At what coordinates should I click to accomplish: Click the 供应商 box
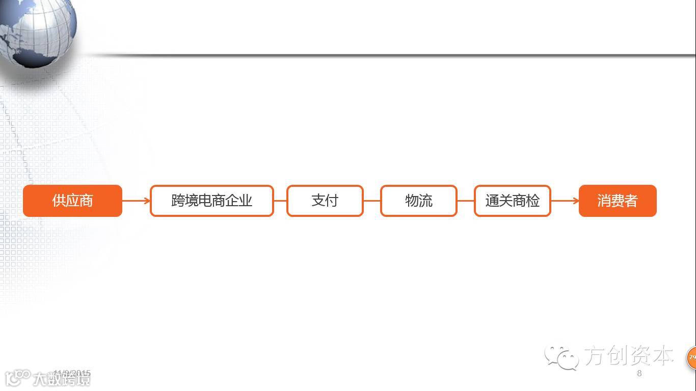pyautogui.click(x=72, y=201)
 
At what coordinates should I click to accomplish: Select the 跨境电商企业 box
pyautogui.click(x=211, y=201)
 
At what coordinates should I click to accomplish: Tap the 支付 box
pyautogui.click(x=325, y=201)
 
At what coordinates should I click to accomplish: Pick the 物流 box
pyautogui.click(x=418, y=201)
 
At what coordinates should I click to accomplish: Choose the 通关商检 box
pyautogui.click(x=512, y=201)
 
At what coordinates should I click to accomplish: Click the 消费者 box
pyautogui.click(x=617, y=201)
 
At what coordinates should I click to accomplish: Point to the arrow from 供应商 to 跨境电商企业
pyautogui.click(x=136, y=201)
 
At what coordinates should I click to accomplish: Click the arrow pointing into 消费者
pyautogui.click(x=565, y=201)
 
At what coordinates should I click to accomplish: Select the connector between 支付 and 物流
pyautogui.click(x=372, y=201)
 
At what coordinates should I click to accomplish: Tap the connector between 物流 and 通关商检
pyautogui.click(x=466, y=201)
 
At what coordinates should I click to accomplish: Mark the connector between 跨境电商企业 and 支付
pyautogui.click(x=280, y=201)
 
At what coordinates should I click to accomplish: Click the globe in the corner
pyautogui.click(x=38, y=31)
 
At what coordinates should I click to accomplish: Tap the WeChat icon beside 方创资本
pyautogui.click(x=561, y=356)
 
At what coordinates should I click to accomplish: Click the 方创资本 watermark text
pyautogui.click(x=628, y=355)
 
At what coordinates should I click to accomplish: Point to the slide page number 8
pyautogui.click(x=639, y=373)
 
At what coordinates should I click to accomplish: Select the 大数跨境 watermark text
pyautogui.click(x=61, y=379)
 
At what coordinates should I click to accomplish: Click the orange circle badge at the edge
pyautogui.click(x=691, y=357)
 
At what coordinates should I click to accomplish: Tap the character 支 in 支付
pyautogui.click(x=318, y=201)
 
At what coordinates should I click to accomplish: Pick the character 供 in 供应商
pyautogui.click(x=59, y=201)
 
